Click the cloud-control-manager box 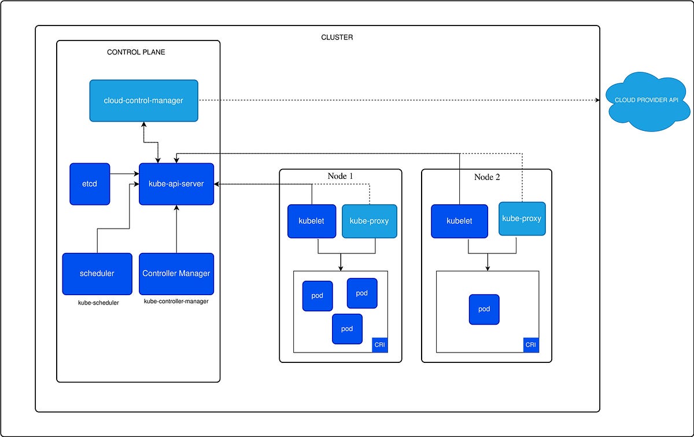[x=143, y=101]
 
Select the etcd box [x=90, y=184]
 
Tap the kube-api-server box [x=176, y=184]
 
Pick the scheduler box [x=97, y=274]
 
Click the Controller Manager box [x=176, y=274]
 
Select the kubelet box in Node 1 [x=312, y=221]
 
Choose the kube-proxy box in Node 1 [x=370, y=221]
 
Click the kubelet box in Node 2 [x=460, y=221]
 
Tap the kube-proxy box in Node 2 [x=522, y=219]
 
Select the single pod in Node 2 [x=484, y=309]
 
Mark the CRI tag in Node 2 [x=531, y=345]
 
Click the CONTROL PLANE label [x=136, y=52]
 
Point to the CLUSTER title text [x=337, y=38]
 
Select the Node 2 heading [x=487, y=177]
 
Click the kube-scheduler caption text [x=98, y=303]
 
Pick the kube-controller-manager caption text [x=176, y=302]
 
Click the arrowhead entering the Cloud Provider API [x=598, y=101]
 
